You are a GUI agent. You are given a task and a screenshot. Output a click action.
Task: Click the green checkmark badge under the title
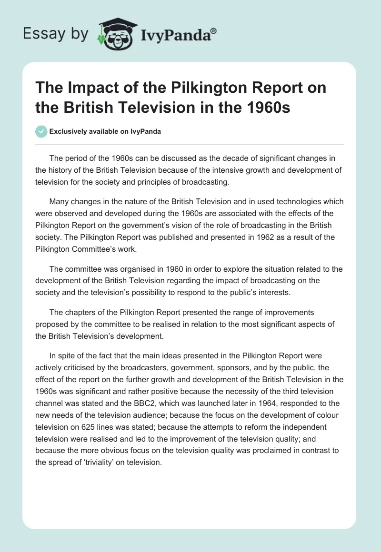pos(41,131)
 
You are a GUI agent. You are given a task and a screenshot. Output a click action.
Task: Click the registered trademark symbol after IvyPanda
pos(214,31)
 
